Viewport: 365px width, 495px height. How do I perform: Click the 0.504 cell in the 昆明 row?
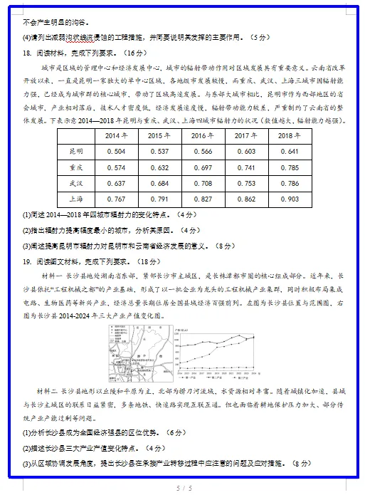point(115,152)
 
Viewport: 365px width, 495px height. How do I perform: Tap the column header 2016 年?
point(202,135)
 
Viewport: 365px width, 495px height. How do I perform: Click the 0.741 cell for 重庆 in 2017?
point(245,167)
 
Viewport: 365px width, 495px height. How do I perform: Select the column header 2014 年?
point(115,135)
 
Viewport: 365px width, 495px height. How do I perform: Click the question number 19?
point(29,261)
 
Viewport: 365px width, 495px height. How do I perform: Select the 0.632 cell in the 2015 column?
point(158,167)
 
